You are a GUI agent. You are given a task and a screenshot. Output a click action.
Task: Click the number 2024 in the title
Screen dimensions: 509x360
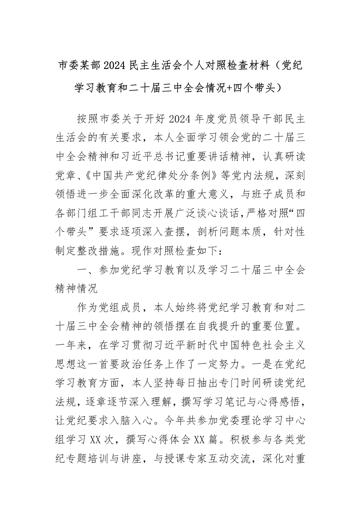[117, 66]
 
